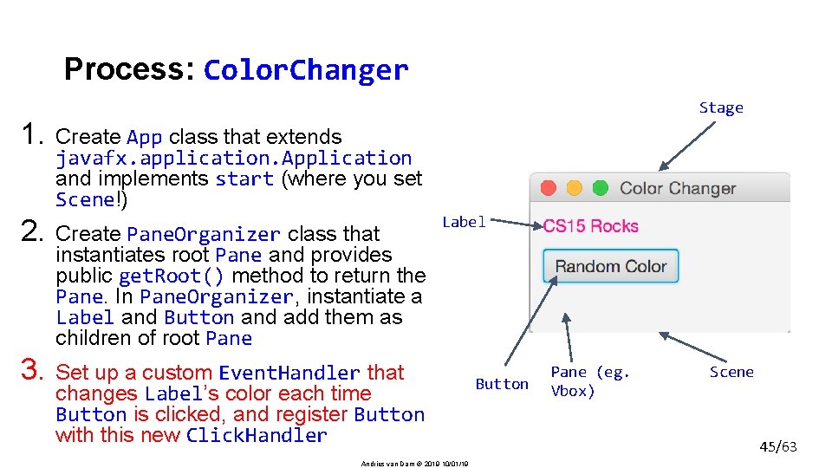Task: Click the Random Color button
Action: tap(611, 266)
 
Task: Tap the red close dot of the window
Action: tap(548, 188)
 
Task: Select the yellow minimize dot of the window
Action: tap(574, 188)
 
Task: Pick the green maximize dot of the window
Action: tap(600, 188)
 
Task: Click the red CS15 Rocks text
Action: tap(590, 226)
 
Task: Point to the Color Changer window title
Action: tap(678, 188)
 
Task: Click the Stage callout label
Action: tap(721, 108)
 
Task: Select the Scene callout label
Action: tap(731, 372)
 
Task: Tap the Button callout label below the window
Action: tap(502, 384)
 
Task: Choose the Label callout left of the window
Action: tap(465, 222)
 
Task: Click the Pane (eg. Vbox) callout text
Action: tap(589, 381)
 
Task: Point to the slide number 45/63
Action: tap(777, 447)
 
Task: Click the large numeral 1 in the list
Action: tap(33, 135)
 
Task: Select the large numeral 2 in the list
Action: tap(33, 232)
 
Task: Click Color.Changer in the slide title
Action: tap(305, 70)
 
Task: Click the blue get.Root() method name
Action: tap(172, 276)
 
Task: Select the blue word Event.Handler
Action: tap(289, 374)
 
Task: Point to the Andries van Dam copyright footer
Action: tap(415, 464)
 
